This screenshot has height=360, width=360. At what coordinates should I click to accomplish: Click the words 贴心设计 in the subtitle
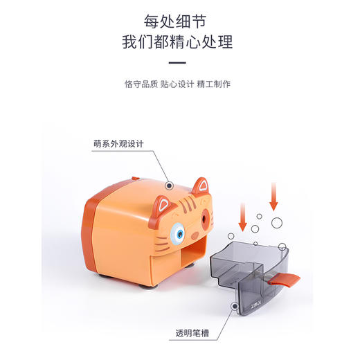click(180, 84)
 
